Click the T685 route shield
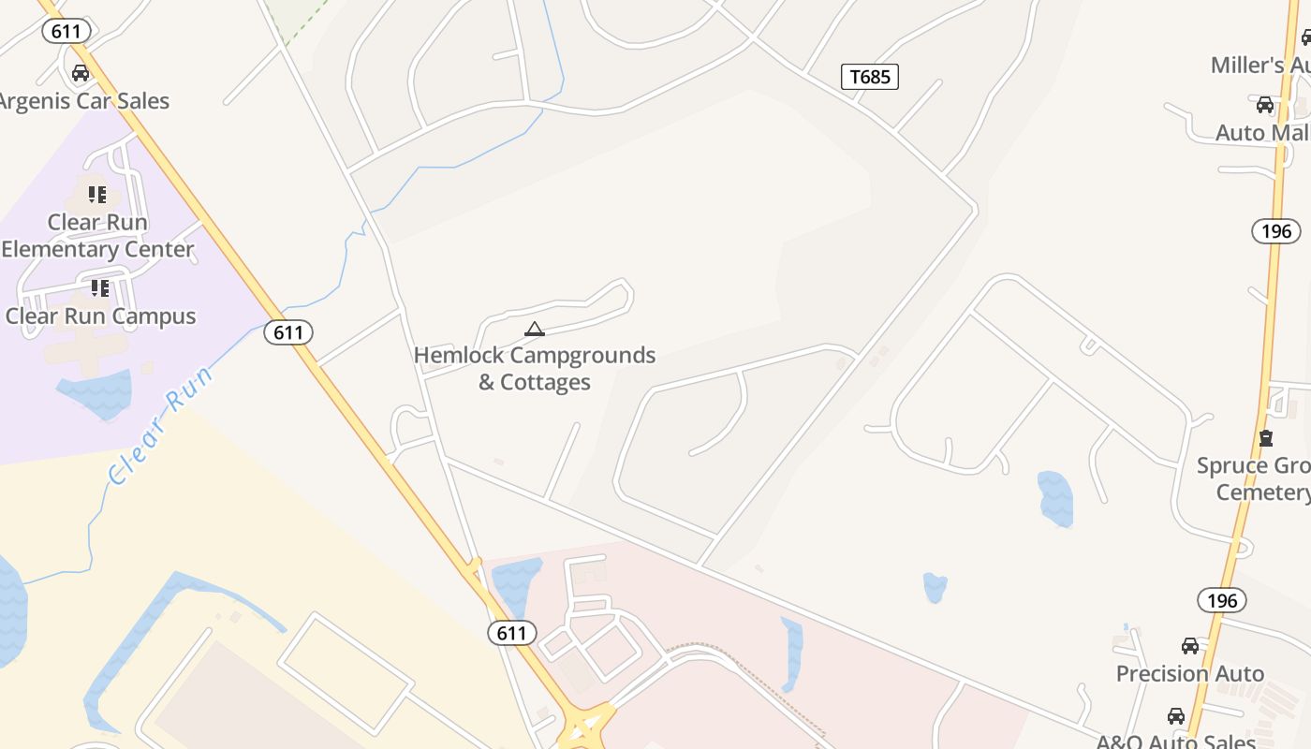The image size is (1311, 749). click(x=869, y=77)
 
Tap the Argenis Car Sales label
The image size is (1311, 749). click(x=83, y=101)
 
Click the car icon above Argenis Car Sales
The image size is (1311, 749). click(x=81, y=73)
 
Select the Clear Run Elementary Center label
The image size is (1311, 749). click(x=97, y=236)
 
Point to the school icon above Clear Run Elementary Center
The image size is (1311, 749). click(x=97, y=195)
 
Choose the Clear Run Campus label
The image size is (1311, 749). click(x=100, y=316)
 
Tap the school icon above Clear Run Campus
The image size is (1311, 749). click(x=99, y=287)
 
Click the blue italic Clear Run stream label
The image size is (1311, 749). click(x=160, y=426)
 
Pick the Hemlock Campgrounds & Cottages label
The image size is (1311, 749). click(x=535, y=368)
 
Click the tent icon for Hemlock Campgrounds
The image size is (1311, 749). click(x=535, y=329)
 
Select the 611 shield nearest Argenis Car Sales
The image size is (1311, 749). click(x=66, y=31)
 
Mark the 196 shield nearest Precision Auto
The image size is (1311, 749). click(x=1221, y=600)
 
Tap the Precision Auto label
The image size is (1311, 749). click(x=1189, y=673)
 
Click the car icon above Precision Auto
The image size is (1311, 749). click(x=1189, y=646)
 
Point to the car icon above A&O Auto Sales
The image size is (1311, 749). click(x=1176, y=716)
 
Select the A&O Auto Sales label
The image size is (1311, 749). click(x=1175, y=742)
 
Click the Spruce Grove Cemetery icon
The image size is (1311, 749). click(x=1266, y=437)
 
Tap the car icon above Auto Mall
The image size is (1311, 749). click(x=1265, y=105)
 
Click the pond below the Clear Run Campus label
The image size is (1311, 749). click(x=95, y=392)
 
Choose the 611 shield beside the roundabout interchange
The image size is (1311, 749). click(x=511, y=633)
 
